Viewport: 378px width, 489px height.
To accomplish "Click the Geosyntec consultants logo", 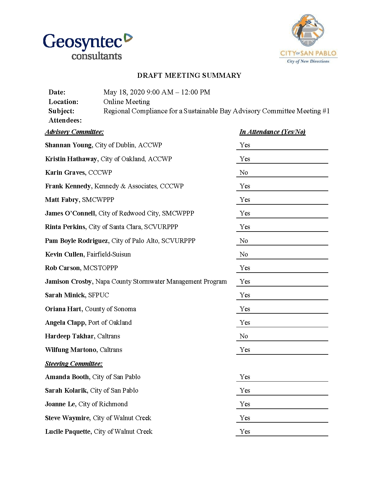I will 88,46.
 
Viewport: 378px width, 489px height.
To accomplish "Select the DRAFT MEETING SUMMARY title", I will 189,75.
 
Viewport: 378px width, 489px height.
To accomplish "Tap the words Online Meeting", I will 127,102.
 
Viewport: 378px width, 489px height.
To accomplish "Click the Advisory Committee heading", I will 74,132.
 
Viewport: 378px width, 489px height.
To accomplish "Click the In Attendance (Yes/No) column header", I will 272,132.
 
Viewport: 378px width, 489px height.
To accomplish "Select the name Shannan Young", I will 68,145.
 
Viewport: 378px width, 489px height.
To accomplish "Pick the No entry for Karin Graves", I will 244,173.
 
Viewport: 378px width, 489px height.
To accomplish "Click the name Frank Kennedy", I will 68,186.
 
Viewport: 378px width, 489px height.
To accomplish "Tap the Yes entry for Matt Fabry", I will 245,200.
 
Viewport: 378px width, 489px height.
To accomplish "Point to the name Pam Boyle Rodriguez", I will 77,241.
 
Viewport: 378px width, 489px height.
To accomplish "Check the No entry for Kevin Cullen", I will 244,254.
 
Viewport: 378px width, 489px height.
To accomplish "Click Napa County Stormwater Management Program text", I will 161,282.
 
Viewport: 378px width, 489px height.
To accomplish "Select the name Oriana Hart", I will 63,309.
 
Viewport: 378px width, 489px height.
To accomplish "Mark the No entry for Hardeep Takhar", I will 244,336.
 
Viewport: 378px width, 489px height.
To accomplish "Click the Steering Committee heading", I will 73,364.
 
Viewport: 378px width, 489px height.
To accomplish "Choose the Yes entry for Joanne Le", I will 245,404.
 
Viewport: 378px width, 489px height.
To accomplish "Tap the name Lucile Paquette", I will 68,432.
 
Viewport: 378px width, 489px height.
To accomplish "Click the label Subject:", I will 61,111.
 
